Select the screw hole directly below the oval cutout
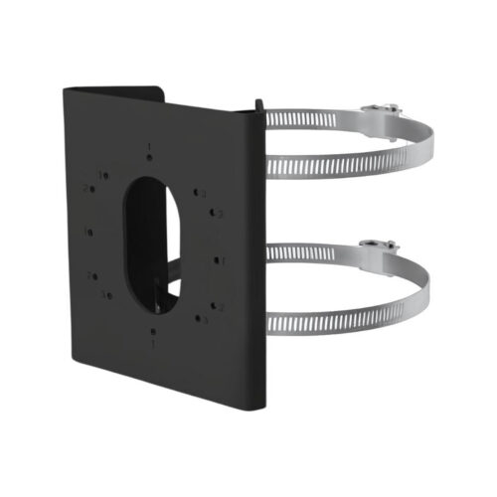tap(154, 332)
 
